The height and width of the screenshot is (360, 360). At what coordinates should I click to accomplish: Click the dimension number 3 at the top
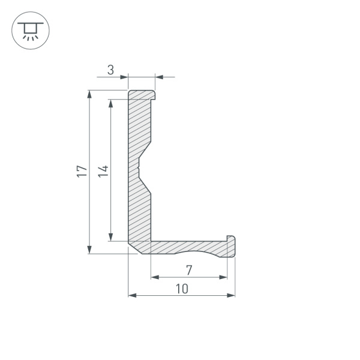click(110, 70)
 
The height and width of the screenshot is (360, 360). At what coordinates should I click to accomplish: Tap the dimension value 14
click(103, 171)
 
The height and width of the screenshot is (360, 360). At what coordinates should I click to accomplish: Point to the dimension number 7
click(188, 269)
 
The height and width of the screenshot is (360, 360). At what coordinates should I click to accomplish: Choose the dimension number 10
click(182, 289)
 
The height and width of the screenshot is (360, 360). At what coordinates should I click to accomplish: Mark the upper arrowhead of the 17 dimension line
click(89, 95)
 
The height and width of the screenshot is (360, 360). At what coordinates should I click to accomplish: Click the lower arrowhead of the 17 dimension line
click(89, 249)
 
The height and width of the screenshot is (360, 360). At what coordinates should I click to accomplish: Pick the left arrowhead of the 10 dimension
click(133, 295)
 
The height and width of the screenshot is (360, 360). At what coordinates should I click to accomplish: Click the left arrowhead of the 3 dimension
click(124, 77)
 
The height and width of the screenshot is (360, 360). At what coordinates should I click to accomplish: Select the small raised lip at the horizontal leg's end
click(230, 239)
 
